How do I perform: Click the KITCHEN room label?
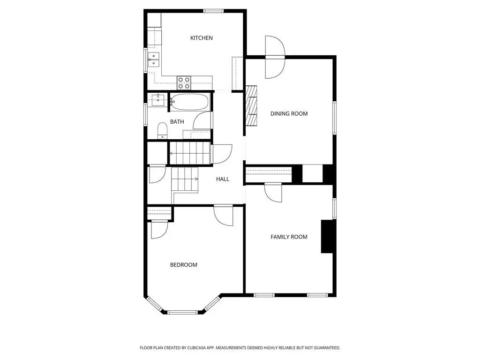[x=202, y=38]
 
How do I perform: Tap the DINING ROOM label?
[x=289, y=113]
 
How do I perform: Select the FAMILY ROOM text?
[x=289, y=237]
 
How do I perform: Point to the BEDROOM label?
[x=184, y=265]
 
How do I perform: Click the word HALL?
[x=223, y=179]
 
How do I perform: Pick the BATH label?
[x=177, y=122]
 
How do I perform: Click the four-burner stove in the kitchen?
[x=184, y=83]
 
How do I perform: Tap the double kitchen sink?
[x=154, y=60]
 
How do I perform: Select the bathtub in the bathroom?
[x=189, y=102]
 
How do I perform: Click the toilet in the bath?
[x=162, y=131]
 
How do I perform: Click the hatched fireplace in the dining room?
[x=251, y=105]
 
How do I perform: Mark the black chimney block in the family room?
[x=327, y=236]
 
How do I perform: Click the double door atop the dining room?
[x=275, y=57]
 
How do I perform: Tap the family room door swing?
[x=273, y=193]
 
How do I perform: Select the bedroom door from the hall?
[x=224, y=215]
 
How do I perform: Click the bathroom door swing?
[x=202, y=120]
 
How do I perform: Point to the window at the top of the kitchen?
[x=213, y=11]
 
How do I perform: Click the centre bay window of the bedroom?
[x=183, y=312]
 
